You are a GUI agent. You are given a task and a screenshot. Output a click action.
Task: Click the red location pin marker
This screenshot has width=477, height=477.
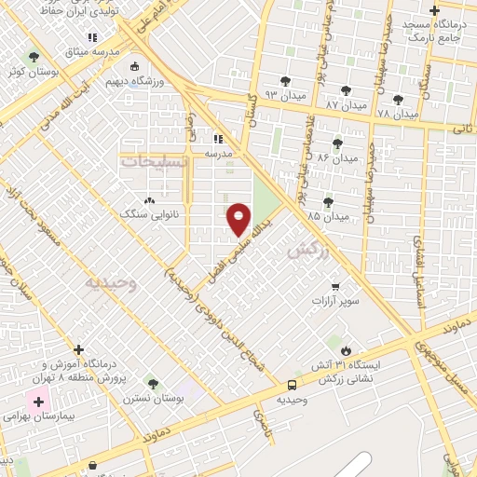coord(239,219)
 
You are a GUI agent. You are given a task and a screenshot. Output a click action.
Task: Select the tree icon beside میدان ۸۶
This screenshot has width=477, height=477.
coord(336,143)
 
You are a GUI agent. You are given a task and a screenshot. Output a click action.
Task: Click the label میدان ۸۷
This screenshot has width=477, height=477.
coord(345,106)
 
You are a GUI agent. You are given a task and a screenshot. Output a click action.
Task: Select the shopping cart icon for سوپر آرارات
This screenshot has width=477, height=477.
coord(335,287)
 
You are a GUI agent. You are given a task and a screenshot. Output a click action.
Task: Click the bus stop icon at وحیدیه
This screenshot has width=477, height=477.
coord(293,384)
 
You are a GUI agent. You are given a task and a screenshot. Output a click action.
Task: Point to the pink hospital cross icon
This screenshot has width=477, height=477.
coord(38,403)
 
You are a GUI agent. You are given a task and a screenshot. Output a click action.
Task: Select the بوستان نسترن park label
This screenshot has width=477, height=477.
coord(153,398)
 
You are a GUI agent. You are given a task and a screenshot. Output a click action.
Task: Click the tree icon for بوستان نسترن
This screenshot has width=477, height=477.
coord(153,383)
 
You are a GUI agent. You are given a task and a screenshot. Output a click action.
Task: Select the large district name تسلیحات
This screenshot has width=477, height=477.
coord(155,161)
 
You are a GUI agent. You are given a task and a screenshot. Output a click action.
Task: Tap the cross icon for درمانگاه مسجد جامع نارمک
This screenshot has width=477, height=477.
coord(434,12)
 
